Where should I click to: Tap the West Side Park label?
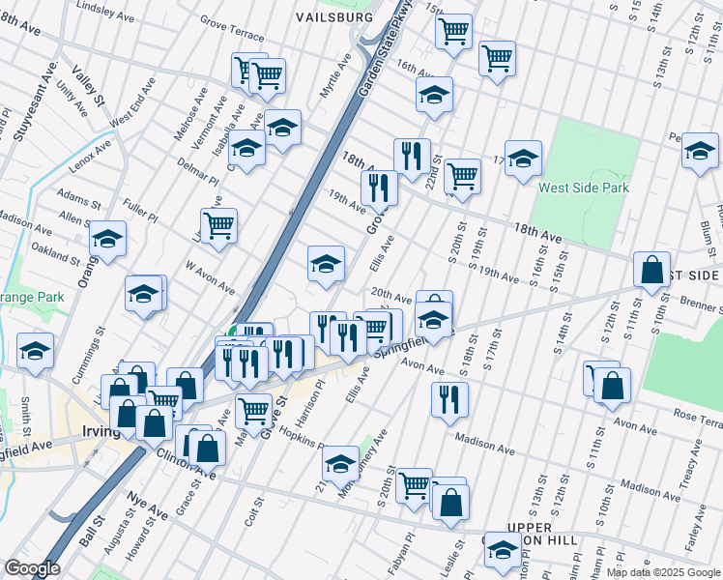pos(584,188)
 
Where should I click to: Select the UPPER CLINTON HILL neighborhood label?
pos(529,533)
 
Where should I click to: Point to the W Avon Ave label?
pos(210,275)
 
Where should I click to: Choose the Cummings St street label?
pos(99,349)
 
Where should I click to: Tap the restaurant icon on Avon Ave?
pos(448,396)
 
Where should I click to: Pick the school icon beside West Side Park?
pos(523,158)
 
